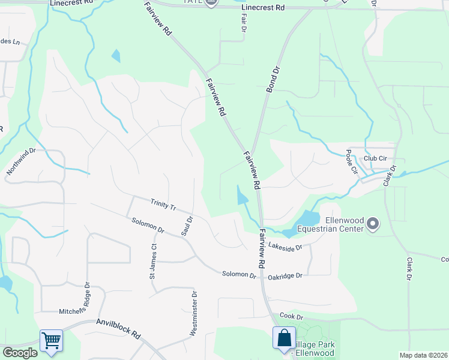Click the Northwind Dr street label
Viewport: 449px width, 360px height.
[x=21, y=162]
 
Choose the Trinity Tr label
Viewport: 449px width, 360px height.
[x=163, y=205]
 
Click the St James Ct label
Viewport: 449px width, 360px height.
[x=154, y=262]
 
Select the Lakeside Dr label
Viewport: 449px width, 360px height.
[x=285, y=245]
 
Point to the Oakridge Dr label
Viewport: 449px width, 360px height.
[x=285, y=276]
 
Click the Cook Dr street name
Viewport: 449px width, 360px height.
[x=291, y=316]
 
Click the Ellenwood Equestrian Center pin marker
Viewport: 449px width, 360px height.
[x=373, y=224]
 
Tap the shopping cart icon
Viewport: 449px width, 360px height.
[x=51, y=341]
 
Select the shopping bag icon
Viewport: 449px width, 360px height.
[x=284, y=338]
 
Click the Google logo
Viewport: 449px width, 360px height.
[x=19, y=353]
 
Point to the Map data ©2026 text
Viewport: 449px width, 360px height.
[x=423, y=355]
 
